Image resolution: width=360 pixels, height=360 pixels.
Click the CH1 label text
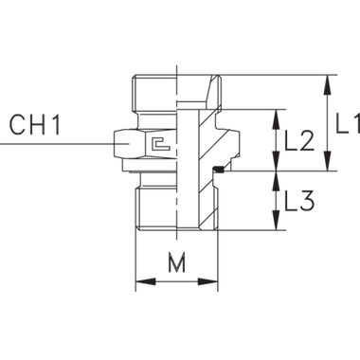33,125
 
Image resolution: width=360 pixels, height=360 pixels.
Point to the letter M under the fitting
177,263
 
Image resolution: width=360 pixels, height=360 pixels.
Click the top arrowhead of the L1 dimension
328,80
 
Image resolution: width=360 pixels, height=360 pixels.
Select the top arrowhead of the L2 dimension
277,117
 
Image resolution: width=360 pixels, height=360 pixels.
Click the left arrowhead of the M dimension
142,281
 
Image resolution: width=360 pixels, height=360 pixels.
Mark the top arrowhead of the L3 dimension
277,177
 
